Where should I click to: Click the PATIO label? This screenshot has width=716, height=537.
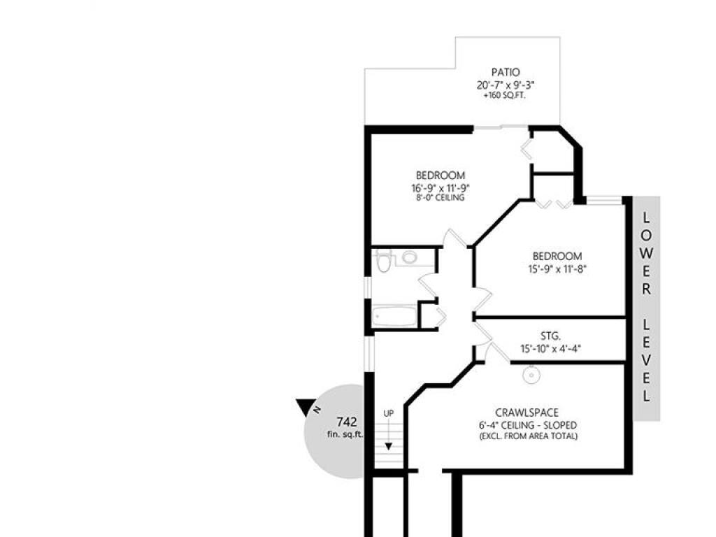click(x=506, y=72)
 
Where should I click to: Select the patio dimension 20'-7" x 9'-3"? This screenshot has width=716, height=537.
click(x=506, y=85)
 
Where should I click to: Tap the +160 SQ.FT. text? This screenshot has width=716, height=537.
click(x=505, y=96)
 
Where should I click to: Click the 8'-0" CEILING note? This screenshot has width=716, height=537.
click(x=441, y=198)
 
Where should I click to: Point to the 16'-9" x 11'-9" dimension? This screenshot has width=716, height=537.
click(x=441, y=187)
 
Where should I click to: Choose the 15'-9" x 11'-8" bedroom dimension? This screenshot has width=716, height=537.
click(x=557, y=269)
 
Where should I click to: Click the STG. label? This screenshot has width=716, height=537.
click(x=550, y=336)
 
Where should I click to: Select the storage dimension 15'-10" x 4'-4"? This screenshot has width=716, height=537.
click(x=550, y=349)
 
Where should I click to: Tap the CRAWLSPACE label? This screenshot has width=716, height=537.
click(x=527, y=413)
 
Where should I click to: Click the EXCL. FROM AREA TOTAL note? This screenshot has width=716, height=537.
click(x=528, y=436)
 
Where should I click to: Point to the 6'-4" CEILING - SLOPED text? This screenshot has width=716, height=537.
click(x=528, y=425)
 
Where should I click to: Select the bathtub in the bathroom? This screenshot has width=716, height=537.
click(x=394, y=316)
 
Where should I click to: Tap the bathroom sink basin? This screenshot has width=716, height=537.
click(x=410, y=257)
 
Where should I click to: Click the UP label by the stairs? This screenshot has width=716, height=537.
click(x=389, y=413)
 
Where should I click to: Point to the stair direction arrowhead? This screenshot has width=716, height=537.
click(x=388, y=446)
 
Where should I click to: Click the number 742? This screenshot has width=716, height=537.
click(x=347, y=422)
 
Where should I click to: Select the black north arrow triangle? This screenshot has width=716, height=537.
click(x=305, y=407)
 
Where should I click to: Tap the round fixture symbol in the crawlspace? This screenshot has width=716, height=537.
click(x=532, y=375)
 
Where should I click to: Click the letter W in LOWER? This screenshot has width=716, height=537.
click(x=646, y=253)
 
